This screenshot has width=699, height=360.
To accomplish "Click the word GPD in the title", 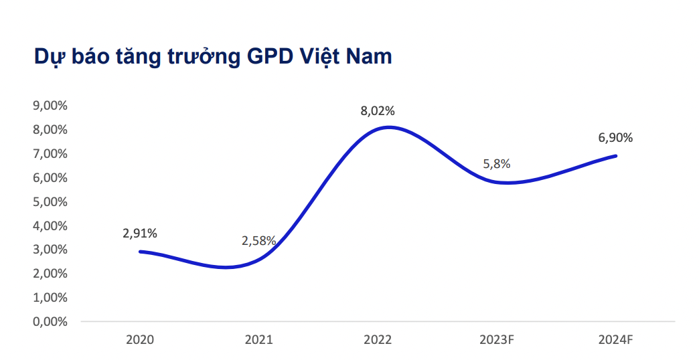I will click(x=266, y=57).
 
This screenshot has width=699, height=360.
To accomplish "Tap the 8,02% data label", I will click(x=378, y=111).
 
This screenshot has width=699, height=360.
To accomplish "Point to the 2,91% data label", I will click(x=140, y=234).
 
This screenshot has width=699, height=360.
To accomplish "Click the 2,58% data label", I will click(x=259, y=241).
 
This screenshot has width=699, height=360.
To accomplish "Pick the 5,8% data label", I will click(x=497, y=163).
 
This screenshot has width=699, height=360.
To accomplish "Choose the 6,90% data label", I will click(x=615, y=139).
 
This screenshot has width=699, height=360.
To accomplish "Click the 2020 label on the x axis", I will click(x=140, y=339).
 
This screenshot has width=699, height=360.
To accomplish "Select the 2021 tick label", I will click(x=259, y=339).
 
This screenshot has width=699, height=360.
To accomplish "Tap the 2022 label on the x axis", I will click(x=378, y=339).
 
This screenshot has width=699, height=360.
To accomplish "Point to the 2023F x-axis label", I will click(x=497, y=339).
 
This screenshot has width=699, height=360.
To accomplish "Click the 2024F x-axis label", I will click(x=615, y=339).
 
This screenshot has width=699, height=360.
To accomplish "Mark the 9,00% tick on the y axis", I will click(x=50, y=106).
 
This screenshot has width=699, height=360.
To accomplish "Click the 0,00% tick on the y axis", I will click(x=50, y=321).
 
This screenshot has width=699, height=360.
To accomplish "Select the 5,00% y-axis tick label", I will click(x=50, y=201).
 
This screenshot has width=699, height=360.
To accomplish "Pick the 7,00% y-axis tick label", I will click(x=50, y=154).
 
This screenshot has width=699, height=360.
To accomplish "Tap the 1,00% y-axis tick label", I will click(x=50, y=297).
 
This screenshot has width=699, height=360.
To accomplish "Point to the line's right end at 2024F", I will click(x=615, y=156).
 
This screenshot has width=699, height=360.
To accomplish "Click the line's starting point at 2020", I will click(x=140, y=252).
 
